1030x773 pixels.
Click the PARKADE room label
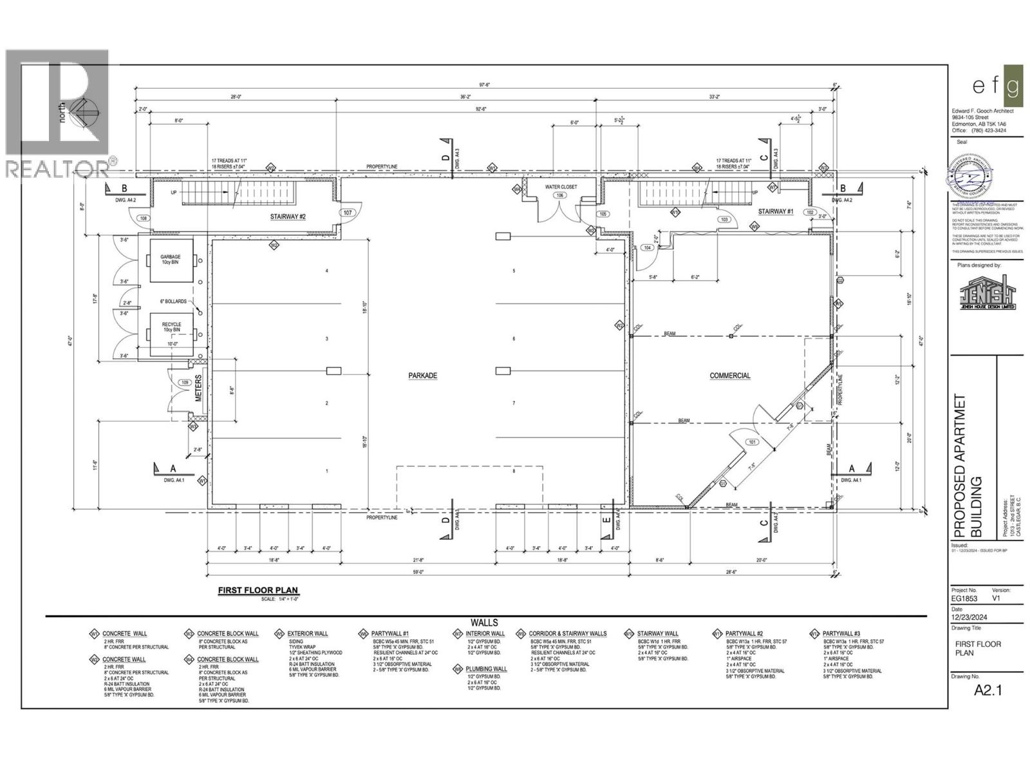coord(422,376)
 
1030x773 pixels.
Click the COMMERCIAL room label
coord(730,376)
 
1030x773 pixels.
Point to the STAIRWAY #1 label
coord(776,211)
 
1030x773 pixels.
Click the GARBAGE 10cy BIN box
coord(171,260)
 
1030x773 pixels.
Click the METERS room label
coord(199,388)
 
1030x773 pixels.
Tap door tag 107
coord(348,213)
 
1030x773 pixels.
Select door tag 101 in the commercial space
coord(751,442)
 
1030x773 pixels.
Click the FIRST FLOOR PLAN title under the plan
coord(258,590)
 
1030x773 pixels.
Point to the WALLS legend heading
coord(484,622)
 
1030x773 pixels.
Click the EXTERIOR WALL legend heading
coord(308,634)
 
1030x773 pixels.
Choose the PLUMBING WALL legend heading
coord(486,669)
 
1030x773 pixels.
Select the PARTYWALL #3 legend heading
coord(841,634)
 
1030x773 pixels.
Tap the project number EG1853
coord(964,598)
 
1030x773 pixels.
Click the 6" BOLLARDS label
coord(173,301)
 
